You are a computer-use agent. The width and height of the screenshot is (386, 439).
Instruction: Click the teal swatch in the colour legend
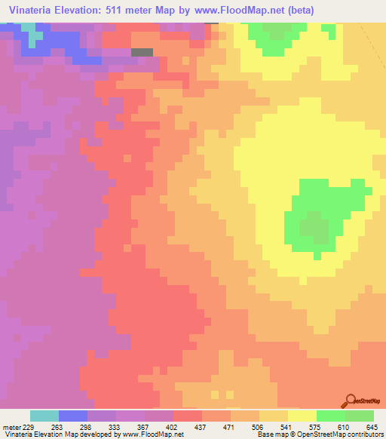point(44,416)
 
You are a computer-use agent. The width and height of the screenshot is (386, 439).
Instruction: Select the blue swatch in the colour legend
point(73,416)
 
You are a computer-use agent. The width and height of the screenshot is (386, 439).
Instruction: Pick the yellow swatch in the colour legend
point(302,416)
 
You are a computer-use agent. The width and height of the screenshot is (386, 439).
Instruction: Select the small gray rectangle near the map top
point(141,52)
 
